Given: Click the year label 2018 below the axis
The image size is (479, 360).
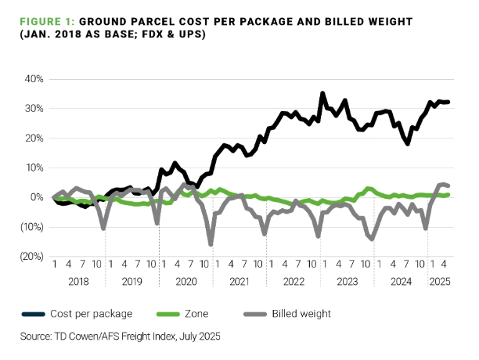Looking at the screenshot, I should point(79,279).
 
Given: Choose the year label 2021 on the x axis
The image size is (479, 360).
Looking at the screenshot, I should point(239,279).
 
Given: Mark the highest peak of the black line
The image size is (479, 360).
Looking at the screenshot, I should point(322,93).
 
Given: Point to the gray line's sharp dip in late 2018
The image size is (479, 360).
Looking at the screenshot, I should point(104,228).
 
